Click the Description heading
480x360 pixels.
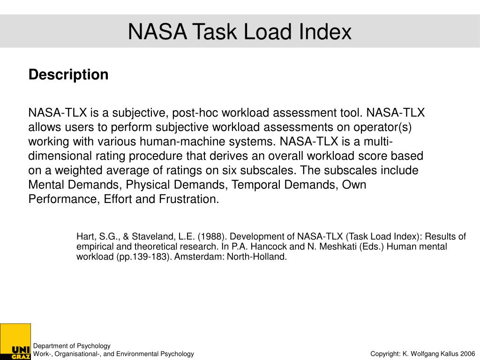click(x=68, y=75)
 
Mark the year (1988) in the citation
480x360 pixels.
click(x=212, y=236)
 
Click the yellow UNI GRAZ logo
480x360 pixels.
click(x=15, y=342)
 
